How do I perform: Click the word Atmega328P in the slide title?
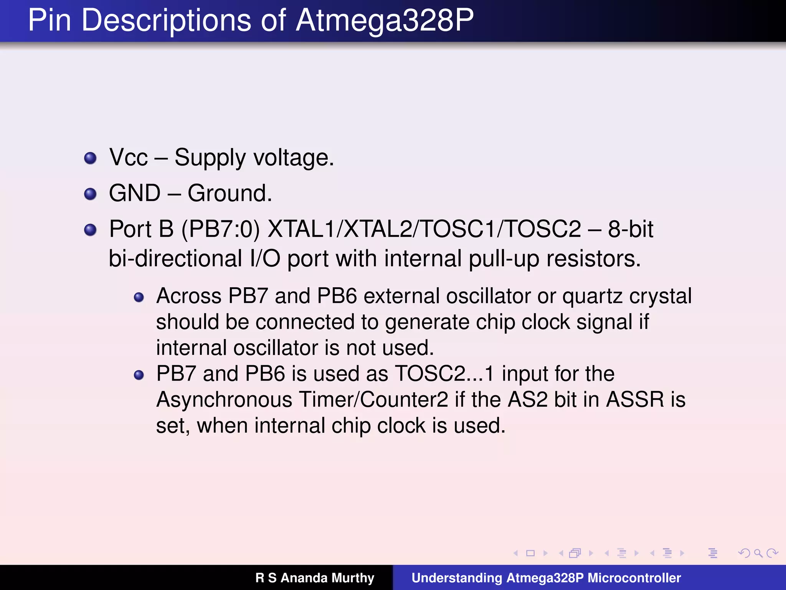(x=385, y=20)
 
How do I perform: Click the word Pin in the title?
(x=50, y=20)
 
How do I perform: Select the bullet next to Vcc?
(x=90, y=158)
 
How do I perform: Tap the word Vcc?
(x=129, y=157)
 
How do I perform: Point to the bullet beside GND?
(x=90, y=194)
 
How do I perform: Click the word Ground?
(x=230, y=193)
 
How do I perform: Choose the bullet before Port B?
(x=90, y=230)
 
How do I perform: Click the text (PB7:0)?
(x=221, y=229)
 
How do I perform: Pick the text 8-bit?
(x=630, y=229)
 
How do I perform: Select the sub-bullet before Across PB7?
(x=139, y=297)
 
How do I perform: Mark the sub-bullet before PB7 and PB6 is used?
(x=139, y=375)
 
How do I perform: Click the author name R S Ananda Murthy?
(x=315, y=578)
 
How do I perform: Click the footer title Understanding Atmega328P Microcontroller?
(x=546, y=578)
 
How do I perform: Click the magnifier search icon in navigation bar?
(x=758, y=553)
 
